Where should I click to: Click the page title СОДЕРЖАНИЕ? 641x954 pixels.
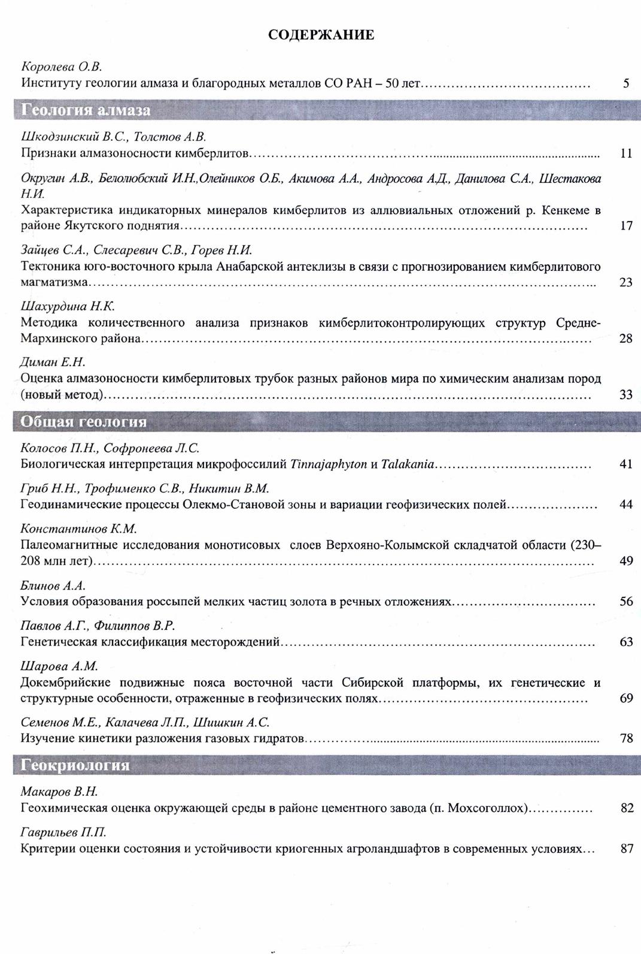point(321,35)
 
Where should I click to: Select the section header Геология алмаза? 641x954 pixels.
point(86,110)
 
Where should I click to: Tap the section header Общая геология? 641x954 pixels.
point(83,422)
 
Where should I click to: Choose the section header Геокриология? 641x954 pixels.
point(75,765)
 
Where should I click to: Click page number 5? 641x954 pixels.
point(626,83)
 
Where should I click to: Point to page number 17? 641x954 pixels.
point(626,226)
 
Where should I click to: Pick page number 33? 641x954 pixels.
point(626,395)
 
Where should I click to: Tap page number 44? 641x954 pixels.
point(626,505)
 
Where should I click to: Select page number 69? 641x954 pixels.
point(626,698)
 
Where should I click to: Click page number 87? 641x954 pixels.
point(627,849)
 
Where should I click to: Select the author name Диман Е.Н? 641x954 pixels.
point(53,362)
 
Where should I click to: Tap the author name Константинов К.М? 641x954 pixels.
point(79,529)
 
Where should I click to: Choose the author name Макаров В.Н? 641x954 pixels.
point(59,792)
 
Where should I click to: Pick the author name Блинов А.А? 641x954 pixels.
point(53,585)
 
